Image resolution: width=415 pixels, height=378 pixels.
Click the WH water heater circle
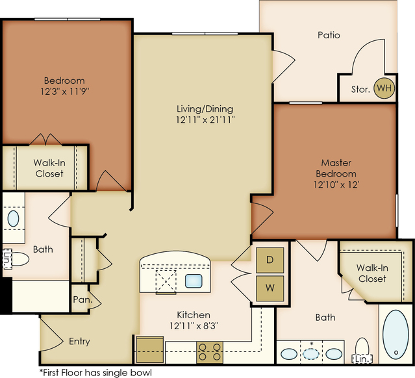coord(384,88)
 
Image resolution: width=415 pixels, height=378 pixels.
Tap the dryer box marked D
coord(270,260)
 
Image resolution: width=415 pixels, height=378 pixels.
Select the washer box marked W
coord(270,288)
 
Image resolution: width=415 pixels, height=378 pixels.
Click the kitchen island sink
coord(194,281)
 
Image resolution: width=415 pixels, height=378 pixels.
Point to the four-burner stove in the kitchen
coord(210,352)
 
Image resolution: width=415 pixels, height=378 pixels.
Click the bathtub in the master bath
coord(396,334)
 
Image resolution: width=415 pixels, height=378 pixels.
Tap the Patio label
coord(329,35)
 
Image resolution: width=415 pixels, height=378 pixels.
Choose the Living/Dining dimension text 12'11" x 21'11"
coord(205,120)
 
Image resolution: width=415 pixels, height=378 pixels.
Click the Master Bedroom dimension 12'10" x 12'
coord(336,184)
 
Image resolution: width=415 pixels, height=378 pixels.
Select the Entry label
coord(79,341)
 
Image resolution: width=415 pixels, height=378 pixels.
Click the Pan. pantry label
coord(83,299)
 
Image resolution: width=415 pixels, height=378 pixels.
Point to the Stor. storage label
coord(360,89)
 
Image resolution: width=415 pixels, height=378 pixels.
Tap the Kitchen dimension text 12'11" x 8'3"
coord(194,326)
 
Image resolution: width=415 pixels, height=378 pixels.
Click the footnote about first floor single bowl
coord(95,373)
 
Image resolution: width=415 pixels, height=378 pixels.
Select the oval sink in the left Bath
coord(13,218)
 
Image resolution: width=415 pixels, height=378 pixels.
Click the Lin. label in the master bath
coord(362,359)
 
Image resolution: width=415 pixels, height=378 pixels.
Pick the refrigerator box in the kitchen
coord(150,349)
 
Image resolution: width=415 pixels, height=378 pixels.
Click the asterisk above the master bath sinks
coord(312,344)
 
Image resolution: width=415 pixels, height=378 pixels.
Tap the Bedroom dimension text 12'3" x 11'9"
coord(64,92)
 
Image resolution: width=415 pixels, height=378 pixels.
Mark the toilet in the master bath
coord(362,347)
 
